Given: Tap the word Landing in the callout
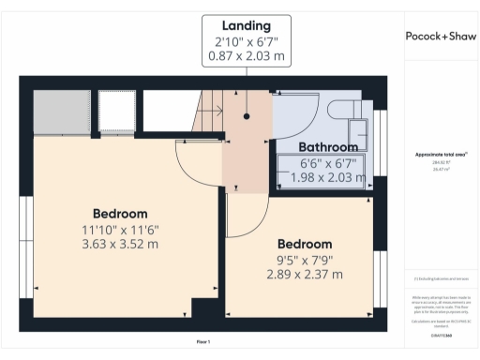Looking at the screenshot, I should [247, 24].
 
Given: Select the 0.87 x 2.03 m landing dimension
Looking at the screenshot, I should [247, 56].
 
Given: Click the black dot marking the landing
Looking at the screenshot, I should [247, 117].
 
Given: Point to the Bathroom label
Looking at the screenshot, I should [328, 147].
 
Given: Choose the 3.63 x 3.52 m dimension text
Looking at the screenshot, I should [120, 244].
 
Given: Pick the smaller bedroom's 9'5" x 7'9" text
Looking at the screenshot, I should [304, 260].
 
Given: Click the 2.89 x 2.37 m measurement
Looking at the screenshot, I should [304, 275].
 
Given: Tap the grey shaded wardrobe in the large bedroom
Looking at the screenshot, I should [63, 112].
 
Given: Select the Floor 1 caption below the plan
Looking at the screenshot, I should [202, 341].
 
